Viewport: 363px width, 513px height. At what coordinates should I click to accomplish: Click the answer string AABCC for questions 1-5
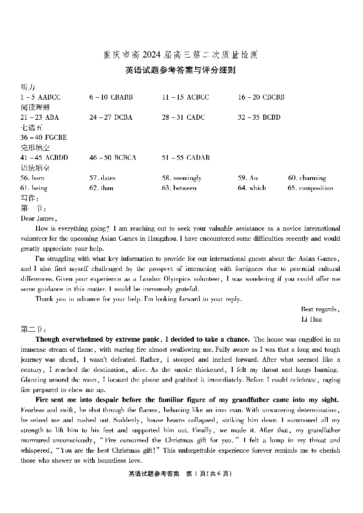(x=49, y=97)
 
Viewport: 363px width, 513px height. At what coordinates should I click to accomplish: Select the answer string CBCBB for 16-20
(x=273, y=97)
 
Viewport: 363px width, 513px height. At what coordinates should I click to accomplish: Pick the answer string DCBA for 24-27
(x=123, y=117)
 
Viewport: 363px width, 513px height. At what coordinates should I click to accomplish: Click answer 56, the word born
(x=38, y=178)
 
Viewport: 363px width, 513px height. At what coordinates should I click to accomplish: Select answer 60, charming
(x=312, y=178)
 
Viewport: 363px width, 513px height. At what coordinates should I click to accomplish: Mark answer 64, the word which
(x=257, y=188)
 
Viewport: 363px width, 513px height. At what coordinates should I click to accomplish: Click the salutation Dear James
(x=39, y=218)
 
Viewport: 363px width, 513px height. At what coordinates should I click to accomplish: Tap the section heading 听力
(x=28, y=87)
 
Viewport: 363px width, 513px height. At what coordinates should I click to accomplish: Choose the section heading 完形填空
(x=35, y=148)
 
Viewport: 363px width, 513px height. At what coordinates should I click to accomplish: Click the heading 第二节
(x=33, y=329)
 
